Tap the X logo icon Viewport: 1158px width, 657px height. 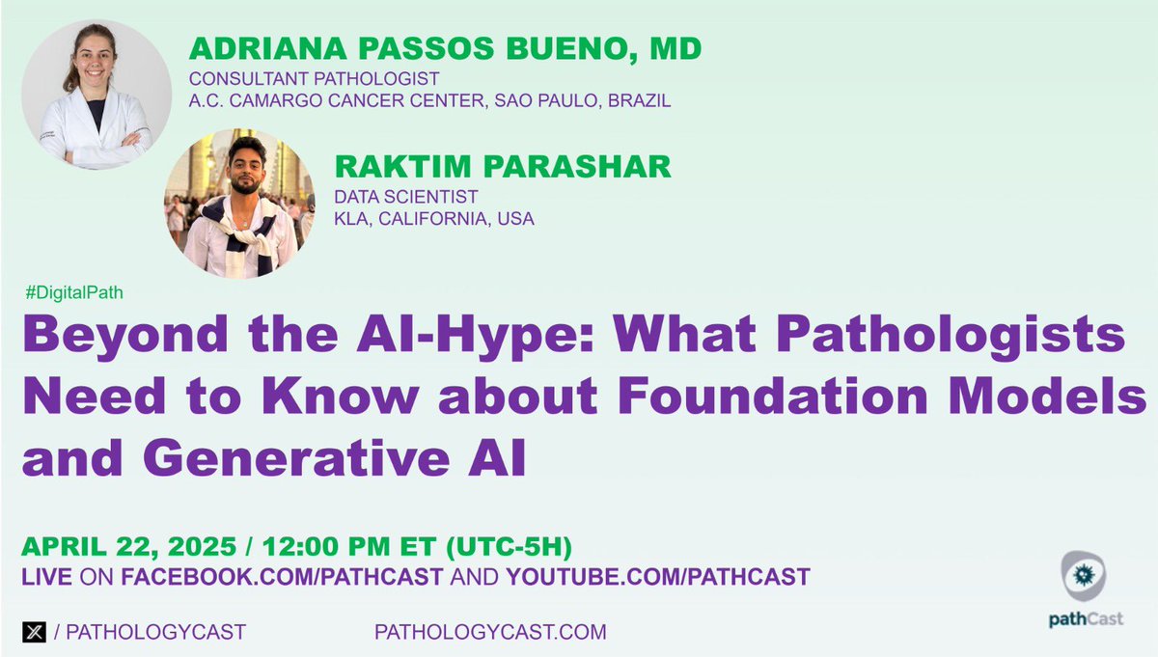(x=34, y=633)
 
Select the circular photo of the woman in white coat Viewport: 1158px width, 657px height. (x=96, y=95)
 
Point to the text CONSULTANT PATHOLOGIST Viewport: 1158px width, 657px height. (x=315, y=79)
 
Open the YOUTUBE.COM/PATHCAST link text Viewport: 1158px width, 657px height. (x=657, y=577)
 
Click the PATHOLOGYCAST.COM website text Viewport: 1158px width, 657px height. (x=490, y=633)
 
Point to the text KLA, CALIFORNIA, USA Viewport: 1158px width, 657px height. (x=433, y=219)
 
